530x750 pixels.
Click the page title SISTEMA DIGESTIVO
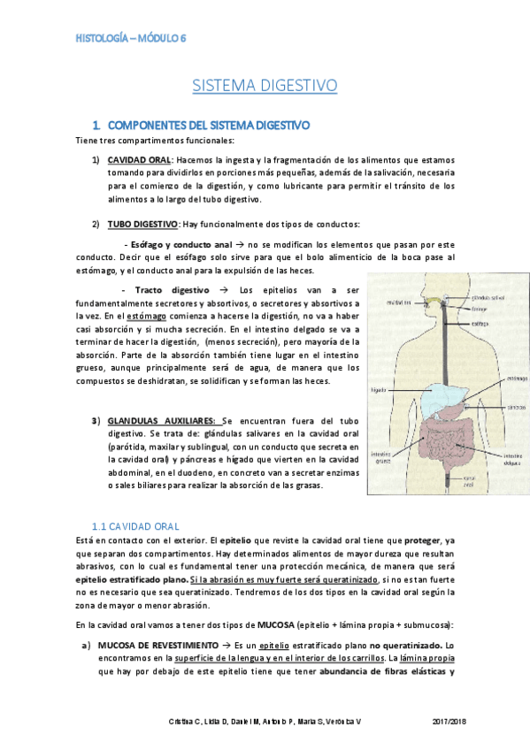[x=265, y=86]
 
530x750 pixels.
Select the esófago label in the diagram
[x=481, y=324]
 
